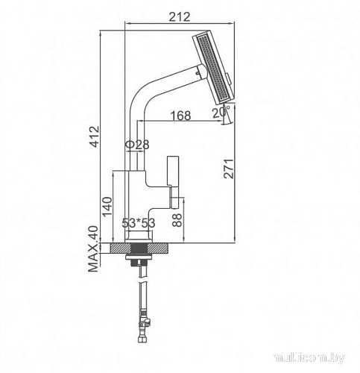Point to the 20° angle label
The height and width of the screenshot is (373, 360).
click(x=218, y=113)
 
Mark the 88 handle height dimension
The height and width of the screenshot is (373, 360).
click(x=177, y=219)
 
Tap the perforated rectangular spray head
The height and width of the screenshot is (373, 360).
click(x=214, y=68)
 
